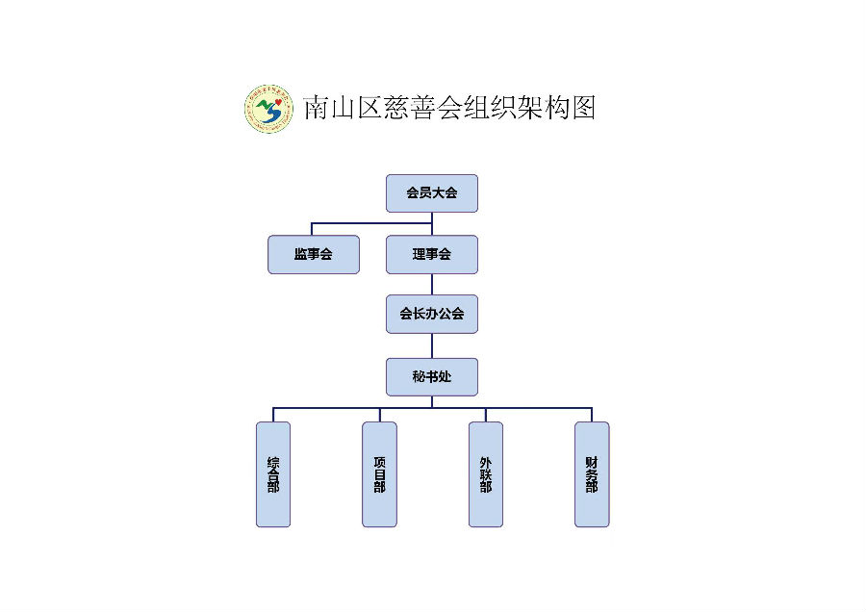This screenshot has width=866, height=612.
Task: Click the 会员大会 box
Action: (432, 193)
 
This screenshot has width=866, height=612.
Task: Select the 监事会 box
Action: (314, 255)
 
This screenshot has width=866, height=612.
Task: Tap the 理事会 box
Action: (432, 255)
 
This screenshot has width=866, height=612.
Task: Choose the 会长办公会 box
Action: (432, 315)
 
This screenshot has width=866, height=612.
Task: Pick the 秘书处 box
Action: (432, 377)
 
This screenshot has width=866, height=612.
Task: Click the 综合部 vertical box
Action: (273, 474)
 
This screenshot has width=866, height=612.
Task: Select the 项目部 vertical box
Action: (379, 474)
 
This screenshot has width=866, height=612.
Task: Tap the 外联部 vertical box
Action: (486, 474)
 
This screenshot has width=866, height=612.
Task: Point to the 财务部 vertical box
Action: (592, 474)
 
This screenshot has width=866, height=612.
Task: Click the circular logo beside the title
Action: (269, 109)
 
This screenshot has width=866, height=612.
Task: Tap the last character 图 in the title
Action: (584, 108)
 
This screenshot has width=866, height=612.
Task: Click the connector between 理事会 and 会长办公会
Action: (432, 285)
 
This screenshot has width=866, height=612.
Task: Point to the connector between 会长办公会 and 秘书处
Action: (432, 345)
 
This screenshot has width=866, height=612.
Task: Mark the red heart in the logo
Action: (278, 102)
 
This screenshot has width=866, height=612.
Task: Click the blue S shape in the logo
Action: (271, 113)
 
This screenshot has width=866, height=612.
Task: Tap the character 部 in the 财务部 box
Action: (592, 487)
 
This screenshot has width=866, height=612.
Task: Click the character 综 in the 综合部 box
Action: (273, 462)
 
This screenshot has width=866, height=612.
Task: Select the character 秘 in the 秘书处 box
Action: (419, 377)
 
